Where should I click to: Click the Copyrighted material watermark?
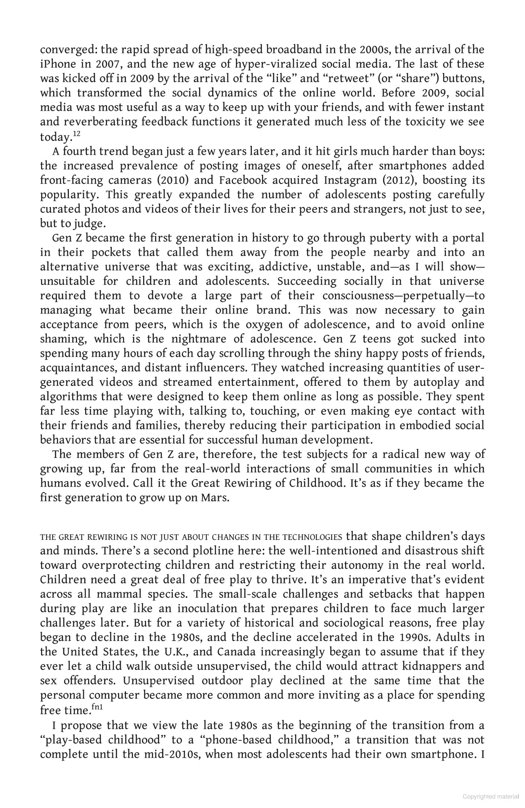491,797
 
